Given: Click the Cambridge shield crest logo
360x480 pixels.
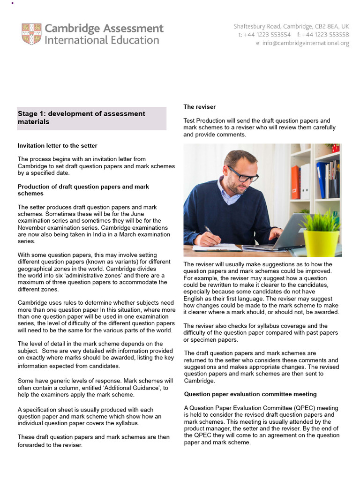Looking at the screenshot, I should [x=31, y=34].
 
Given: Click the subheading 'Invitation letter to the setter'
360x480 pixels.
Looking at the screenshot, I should [x=58, y=146].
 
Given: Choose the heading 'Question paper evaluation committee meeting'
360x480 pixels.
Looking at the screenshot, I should [x=250, y=394].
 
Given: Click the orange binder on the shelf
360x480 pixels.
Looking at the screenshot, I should [x=295, y=182].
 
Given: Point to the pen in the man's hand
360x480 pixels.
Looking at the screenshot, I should [x=208, y=230].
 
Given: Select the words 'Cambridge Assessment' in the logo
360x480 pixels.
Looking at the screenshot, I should [x=104, y=28].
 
